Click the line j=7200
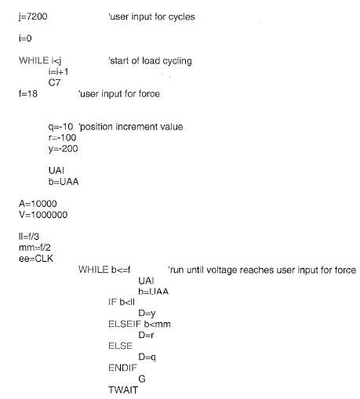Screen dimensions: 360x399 click(33, 16)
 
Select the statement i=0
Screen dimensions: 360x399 click(25, 38)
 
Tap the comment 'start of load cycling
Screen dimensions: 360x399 click(150, 61)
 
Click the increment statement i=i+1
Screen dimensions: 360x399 click(58, 71)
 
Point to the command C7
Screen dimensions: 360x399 click(54, 82)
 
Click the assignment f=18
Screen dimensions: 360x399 click(28, 93)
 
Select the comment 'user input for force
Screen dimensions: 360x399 click(119, 93)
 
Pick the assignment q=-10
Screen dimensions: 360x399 click(60, 127)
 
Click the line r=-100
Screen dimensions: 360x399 click(62, 137)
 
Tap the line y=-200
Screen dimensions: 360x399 click(63, 149)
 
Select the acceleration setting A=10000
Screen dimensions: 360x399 click(38, 204)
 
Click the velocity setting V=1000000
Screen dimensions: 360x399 click(43, 215)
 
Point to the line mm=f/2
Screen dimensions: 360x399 click(35, 248)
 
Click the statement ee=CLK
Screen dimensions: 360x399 click(36, 259)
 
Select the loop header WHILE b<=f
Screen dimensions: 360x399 click(104, 270)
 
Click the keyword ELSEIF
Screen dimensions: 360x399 click(125, 324)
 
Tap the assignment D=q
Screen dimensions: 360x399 click(147, 357)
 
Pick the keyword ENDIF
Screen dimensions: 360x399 click(122, 368)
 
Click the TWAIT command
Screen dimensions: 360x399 click(123, 390)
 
